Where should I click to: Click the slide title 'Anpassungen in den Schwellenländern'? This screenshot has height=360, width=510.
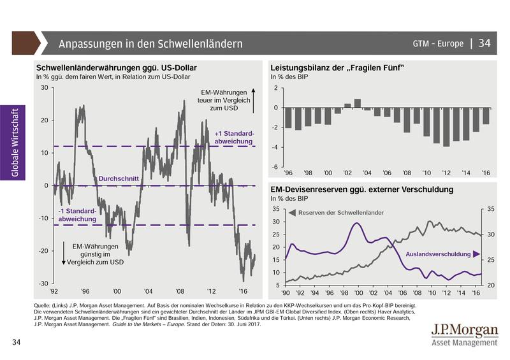point(150,44)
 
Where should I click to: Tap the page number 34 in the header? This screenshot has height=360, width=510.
point(484,43)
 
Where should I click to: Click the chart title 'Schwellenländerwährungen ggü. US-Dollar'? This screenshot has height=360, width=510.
point(117,68)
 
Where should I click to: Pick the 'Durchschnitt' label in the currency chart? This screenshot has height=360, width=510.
point(118,180)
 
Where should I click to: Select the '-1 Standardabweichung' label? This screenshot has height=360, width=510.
point(77,215)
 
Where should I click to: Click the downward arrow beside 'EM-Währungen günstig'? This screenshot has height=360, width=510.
point(64,254)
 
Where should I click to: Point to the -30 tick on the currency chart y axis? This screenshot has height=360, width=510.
point(44,283)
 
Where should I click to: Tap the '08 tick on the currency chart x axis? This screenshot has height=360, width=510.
point(180,291)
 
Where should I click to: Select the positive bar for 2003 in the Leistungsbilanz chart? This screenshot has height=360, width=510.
point(358,103)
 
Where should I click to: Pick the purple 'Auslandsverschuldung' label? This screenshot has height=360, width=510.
point(438,254)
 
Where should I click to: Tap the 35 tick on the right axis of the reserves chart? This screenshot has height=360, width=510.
point(490,208)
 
